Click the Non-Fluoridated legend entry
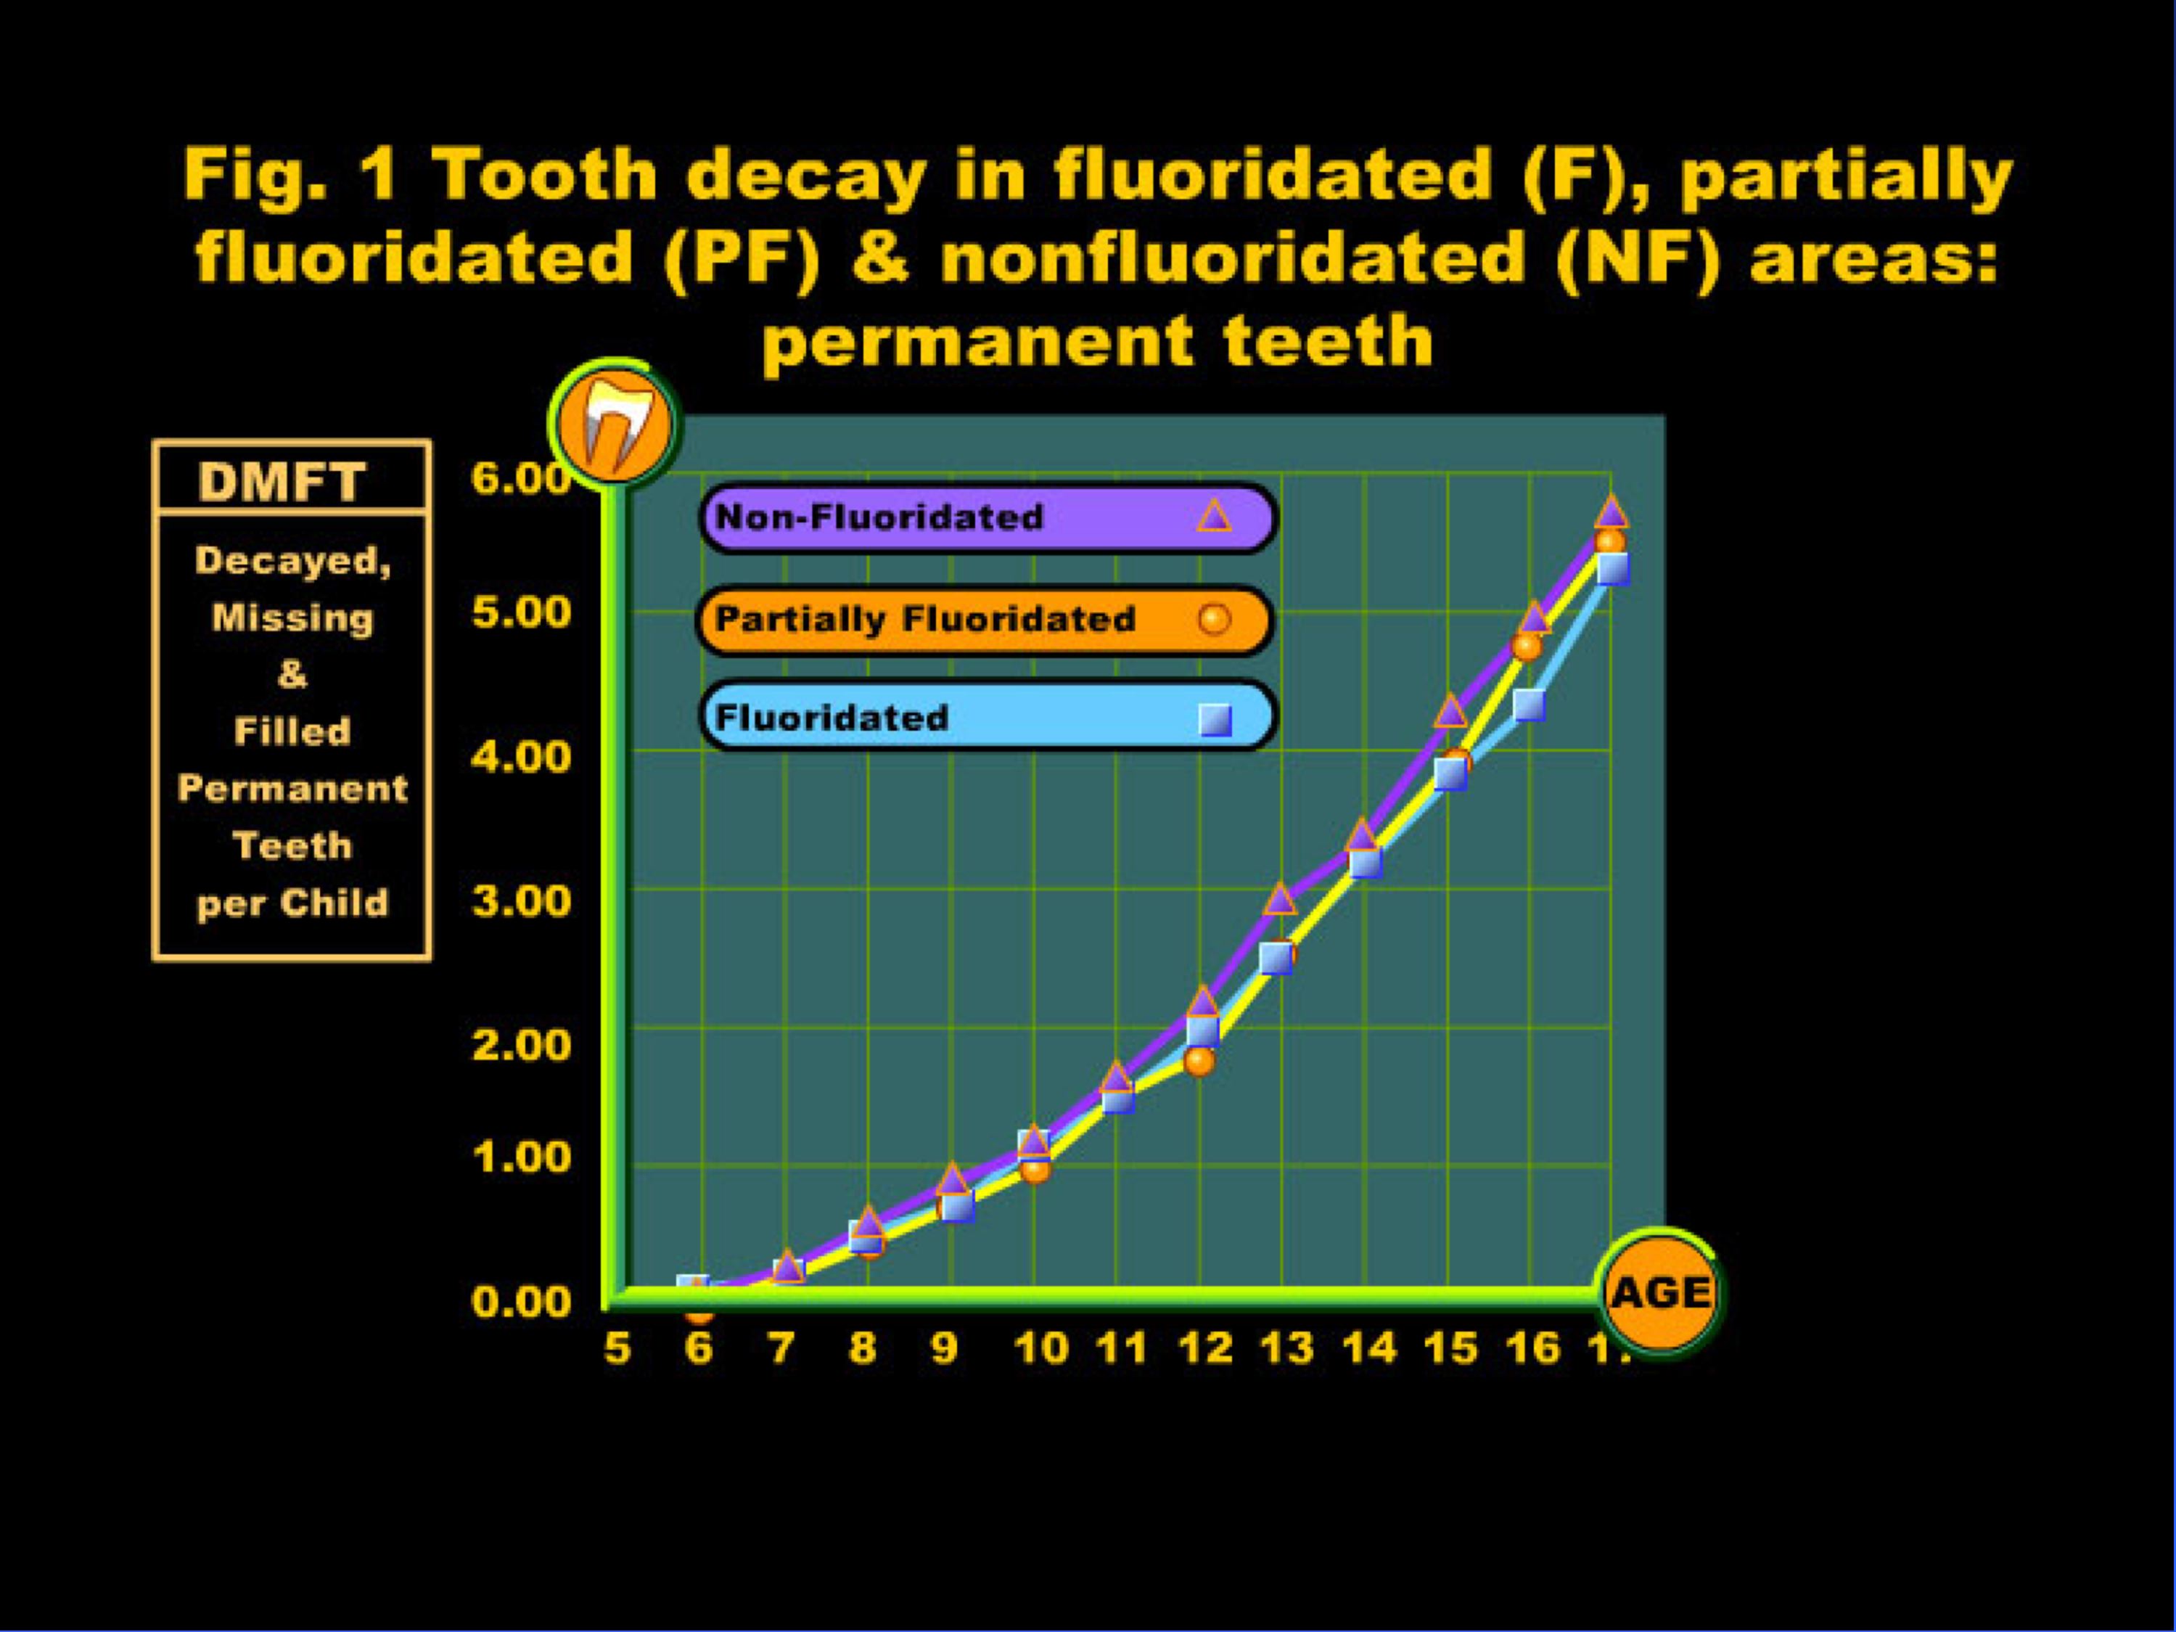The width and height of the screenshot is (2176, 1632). pyautogui.click(x=989, y=517)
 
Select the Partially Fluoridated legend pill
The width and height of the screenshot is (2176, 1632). pyautogui.click(x=985, y=620)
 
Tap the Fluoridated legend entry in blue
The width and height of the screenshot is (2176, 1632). pyautogui.click(x=989, y=716)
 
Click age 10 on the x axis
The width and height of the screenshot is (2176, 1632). pyautogui.click(x=1042, y=1348)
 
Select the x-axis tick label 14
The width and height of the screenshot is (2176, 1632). pyautogui.click(x=1371, y=1348)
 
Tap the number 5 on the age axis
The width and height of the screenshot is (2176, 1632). pyautogui.click(x=617, y=1348)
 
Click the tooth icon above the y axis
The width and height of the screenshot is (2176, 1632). pyautogui.click(x=615, y=421)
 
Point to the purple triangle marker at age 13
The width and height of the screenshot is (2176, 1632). pyautogui.click(x=1280, y=899)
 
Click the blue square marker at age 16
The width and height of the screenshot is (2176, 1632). pyautogui.click(x=1529, y=705)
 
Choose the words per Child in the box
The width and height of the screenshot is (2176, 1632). pyautogui.click(x=293, y=903)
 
